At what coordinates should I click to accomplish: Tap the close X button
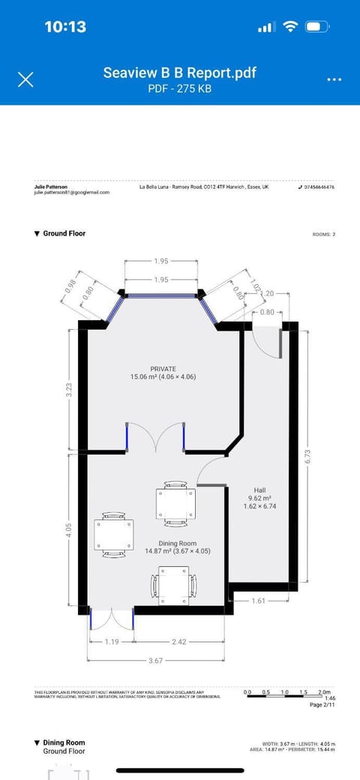[25, 79]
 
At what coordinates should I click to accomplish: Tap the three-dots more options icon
[334, 79]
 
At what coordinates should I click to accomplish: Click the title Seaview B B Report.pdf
[179, 73]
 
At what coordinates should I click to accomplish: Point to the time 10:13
[65, 26]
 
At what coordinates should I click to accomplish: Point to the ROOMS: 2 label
[323, 234]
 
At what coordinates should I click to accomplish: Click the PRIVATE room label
[163, 368]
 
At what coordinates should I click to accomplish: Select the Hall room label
[259, 490]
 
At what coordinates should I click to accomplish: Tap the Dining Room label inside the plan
[177, 542]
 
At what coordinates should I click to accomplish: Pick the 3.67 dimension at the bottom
[155, 661]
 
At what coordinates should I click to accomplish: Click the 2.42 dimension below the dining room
[179, 642]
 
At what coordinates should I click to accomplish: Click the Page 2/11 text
[322, 705]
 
